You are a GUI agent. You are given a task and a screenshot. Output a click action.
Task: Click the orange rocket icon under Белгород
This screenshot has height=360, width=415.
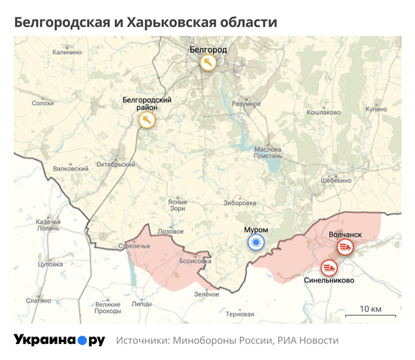tap(208, 63)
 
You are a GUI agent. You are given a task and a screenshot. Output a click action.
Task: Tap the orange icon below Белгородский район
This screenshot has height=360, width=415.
tap(147, 120)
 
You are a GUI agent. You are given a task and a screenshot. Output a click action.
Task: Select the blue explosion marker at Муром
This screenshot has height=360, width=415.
tap(257, 242)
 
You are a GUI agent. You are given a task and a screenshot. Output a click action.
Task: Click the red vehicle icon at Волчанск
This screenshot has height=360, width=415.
tap(344, 248)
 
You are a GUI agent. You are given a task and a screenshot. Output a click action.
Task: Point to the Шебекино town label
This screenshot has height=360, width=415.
tap(336, 180)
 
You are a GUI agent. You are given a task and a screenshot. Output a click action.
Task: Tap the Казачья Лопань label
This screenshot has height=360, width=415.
tap(48, 224)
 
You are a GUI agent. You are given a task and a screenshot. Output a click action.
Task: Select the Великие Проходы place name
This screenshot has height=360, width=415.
tap(108, 307)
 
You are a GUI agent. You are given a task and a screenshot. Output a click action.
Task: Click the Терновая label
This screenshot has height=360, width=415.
tap(240, 314)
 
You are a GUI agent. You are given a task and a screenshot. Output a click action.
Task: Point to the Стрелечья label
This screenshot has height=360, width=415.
tap(134, 245)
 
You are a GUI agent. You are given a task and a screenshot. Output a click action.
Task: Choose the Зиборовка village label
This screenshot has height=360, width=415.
tap(240, 203)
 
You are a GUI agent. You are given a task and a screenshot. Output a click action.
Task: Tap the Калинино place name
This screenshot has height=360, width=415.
tap(66, 53)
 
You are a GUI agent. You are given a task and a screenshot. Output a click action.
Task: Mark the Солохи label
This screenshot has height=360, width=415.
tap(43, 103)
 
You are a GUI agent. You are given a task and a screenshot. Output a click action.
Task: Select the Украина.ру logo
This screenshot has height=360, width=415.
tap(59, 340)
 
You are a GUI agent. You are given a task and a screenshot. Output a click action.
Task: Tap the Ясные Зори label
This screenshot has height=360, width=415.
tap(178, 205)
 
